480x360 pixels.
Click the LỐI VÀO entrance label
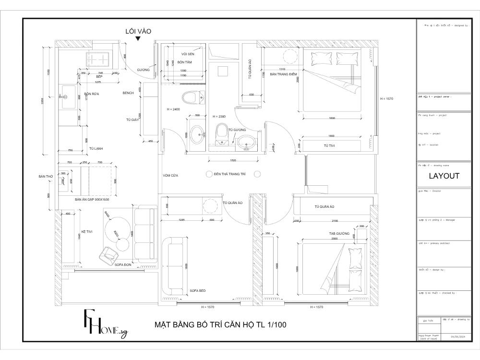[x=138, y=31]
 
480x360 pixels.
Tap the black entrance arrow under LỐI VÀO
[x=138, y=39]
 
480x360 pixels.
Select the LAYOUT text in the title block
[x=444, y=176]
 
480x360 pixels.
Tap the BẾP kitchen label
[x=99, y=77]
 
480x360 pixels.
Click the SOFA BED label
[x=197, y=291]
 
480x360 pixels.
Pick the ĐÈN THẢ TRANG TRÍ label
[x=229, y=173]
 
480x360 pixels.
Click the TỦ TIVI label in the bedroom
[x=329, y=145]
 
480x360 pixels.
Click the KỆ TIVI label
[x=86, y=231]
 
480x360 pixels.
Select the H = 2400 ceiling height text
[x=173, y=109]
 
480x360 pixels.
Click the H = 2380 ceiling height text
[x=218, y=117]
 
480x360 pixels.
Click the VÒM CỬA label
[x=170, y=176]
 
